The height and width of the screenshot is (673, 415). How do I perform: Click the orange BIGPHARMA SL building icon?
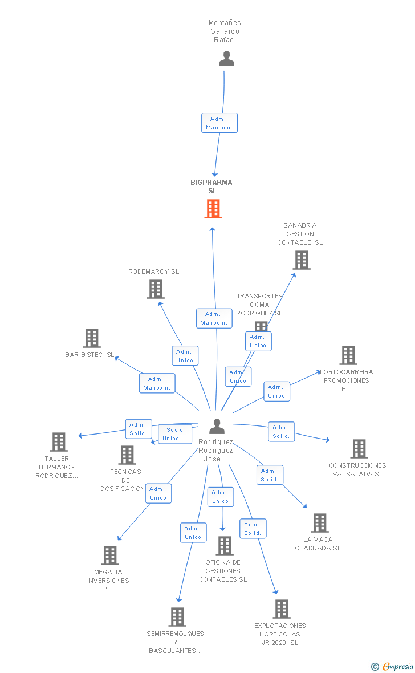[x=213, y=209]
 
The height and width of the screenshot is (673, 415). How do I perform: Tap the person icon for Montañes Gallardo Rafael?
[x=227, y=58]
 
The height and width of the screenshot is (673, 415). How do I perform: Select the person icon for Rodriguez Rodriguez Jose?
[x=217, y=426]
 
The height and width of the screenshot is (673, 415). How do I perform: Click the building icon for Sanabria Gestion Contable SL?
[x=302, y=260]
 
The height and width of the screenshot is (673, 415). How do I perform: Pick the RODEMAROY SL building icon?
[x=156, y=289]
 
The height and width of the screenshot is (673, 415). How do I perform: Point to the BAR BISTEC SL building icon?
[x=92, y=338]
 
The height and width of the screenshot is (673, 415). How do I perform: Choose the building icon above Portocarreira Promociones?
[x=348, y=355]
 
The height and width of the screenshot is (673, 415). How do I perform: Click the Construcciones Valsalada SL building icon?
[x=359, y=448]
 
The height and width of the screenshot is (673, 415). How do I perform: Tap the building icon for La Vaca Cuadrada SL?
[x=320, y=523]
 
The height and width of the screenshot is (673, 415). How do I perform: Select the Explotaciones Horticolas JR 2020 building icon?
[x=282, y=609]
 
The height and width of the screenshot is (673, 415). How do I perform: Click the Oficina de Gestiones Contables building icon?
[x=225, y=545]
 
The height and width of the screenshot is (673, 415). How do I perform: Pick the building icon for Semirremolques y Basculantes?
[x=177, y=617]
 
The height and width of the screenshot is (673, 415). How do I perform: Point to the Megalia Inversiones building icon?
[x=110, y=556]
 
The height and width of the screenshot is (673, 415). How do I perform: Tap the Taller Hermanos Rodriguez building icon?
[x=59, y=441]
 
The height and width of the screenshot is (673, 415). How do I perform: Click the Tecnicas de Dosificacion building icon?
[x=128, y=455]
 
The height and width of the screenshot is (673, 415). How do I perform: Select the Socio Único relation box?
[x=174, y=434]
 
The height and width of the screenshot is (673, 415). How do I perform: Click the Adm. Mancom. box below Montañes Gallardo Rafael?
[x=219, y=123]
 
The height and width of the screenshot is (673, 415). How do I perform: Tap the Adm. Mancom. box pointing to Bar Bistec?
[x=157, y=383]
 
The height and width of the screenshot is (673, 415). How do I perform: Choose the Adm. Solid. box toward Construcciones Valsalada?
[x=281, y=432]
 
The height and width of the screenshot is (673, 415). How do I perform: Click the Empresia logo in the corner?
[x=393, y=666]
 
